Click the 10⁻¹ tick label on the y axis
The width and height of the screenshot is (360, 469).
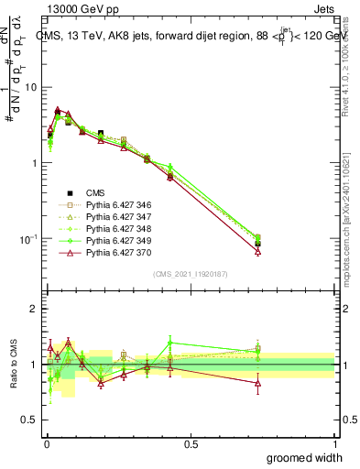point(29,239)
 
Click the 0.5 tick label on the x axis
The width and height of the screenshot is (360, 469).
point(191,444)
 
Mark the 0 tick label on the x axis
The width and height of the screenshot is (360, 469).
point(46,444)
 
